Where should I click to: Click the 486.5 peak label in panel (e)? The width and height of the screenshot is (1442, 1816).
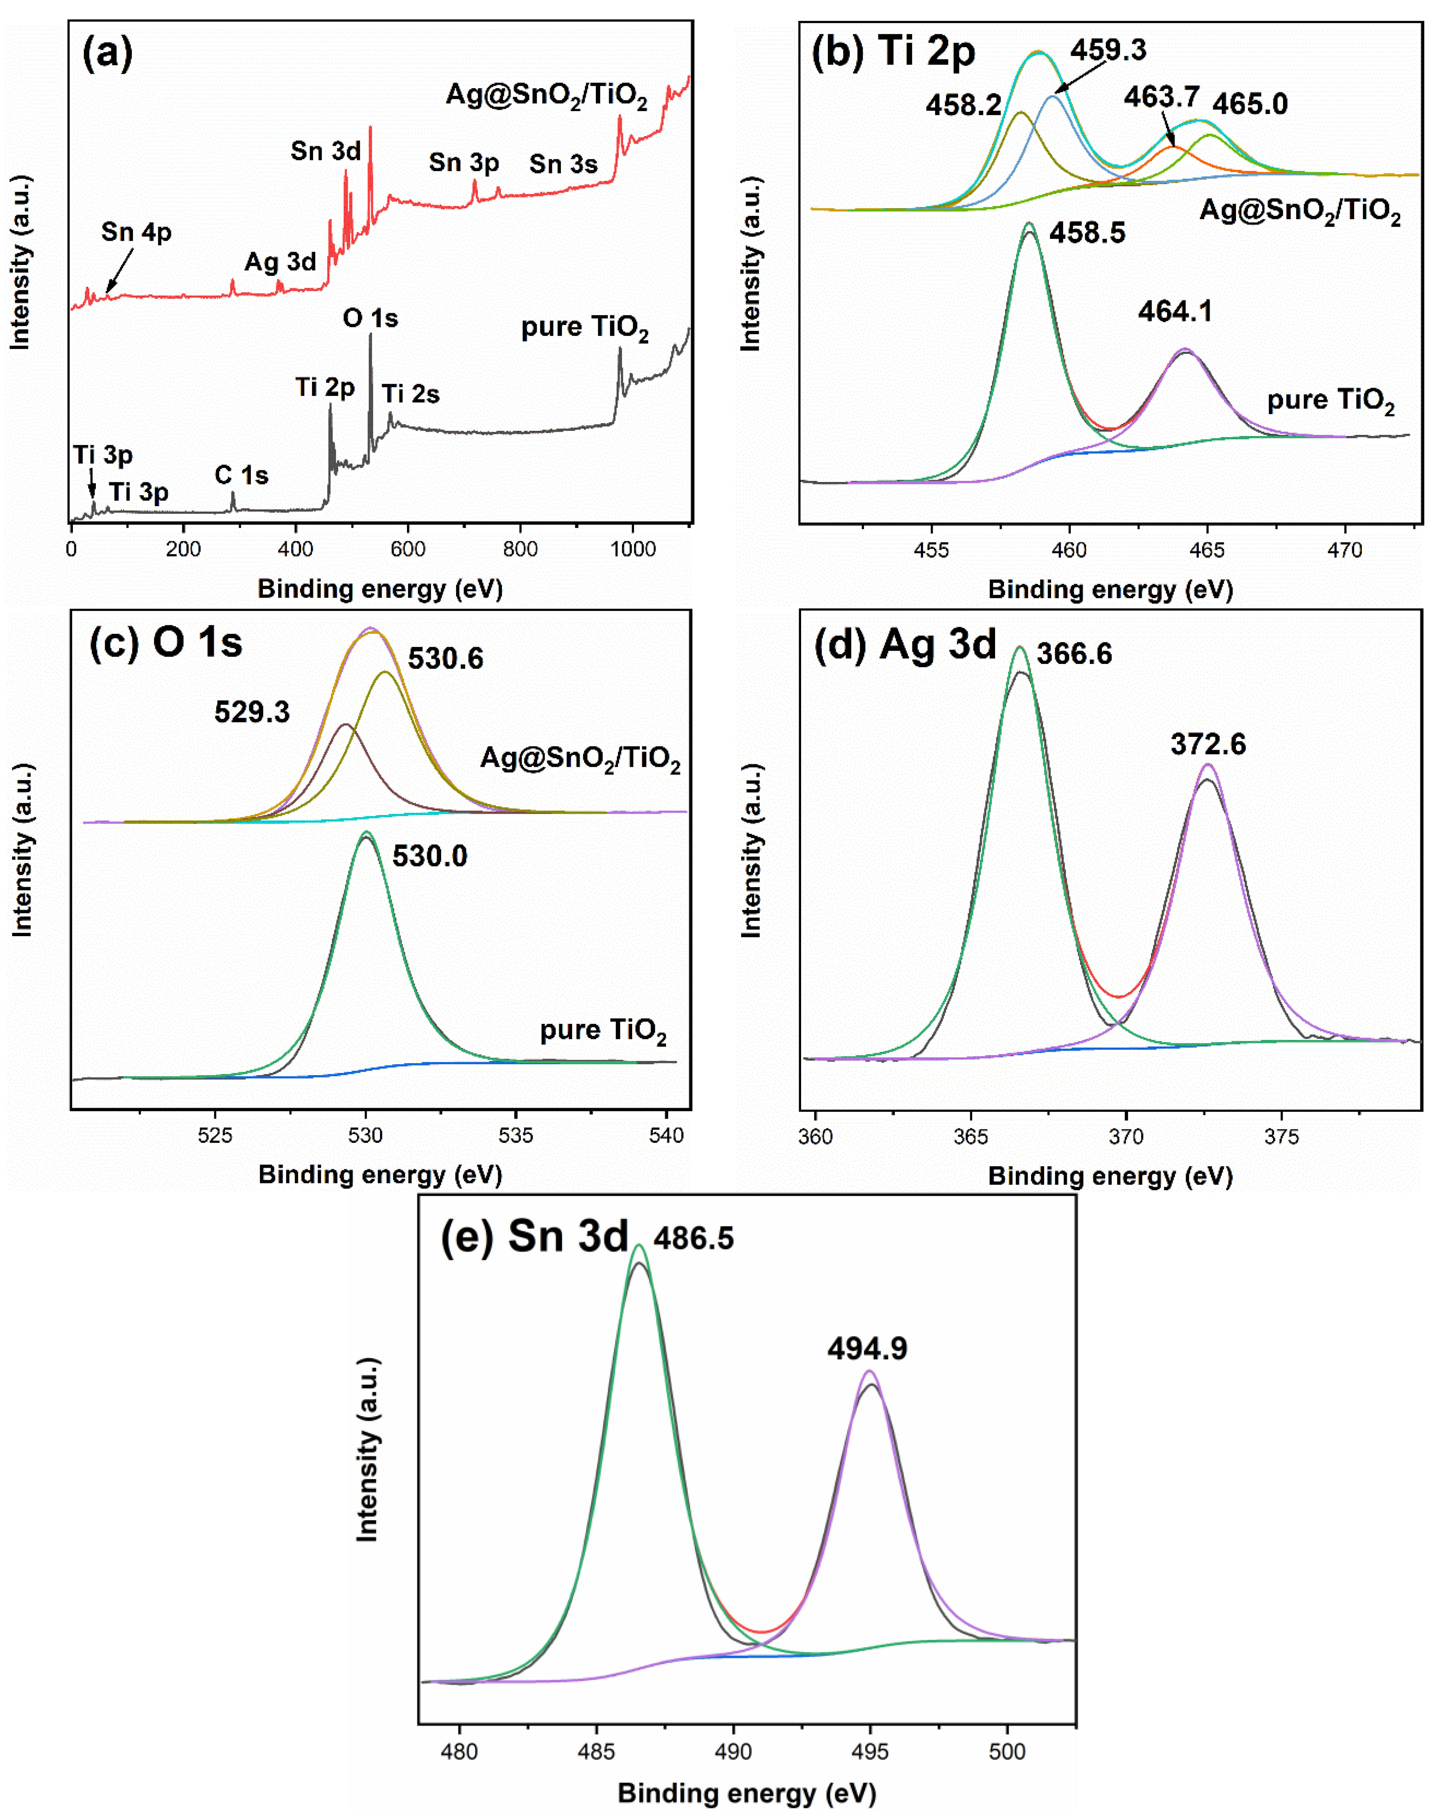click(x=693, y=1238)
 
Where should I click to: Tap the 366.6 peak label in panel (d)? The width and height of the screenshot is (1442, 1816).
click(x=1074, y=654)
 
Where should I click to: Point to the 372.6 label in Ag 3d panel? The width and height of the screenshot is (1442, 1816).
click(x=1208, y=744)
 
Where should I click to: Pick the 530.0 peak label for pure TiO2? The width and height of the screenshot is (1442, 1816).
click(x=430, y=856)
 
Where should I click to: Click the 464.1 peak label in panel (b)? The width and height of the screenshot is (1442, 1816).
click(x=1175, y=312)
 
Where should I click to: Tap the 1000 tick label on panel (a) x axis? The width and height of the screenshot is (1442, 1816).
click(x=632, y=549)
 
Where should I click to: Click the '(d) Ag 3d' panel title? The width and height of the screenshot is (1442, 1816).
click(x=905, y=645)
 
